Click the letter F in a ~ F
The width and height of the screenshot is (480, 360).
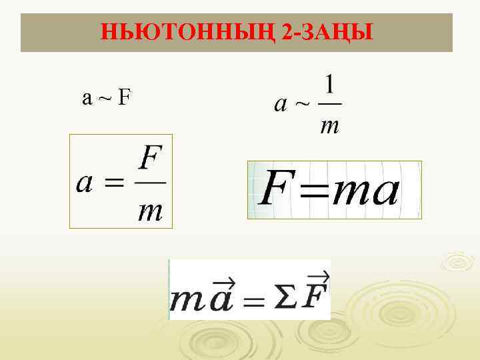click(x=124, y=98)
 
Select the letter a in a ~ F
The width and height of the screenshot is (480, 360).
click(x=87, y=99)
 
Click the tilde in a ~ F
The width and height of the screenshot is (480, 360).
click(x=105, y=99)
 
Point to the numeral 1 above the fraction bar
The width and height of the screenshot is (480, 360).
click(x=329, y=86)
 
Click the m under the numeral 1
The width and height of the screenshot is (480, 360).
click(x=329, y=123)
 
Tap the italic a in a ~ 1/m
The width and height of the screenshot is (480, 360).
click(x=281, y=105)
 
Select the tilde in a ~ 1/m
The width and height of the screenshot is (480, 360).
click(x=302, y=104)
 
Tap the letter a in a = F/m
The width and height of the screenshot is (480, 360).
click(x=85, y=183)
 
